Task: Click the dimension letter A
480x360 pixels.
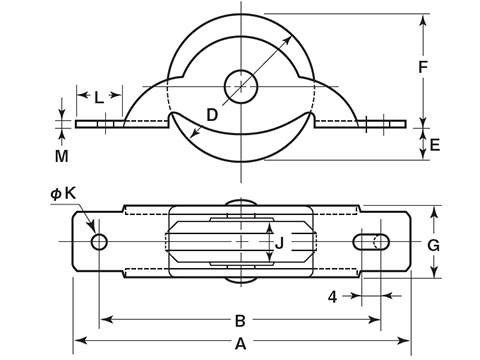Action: coord(240,343)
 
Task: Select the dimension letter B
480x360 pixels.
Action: coord(240,321)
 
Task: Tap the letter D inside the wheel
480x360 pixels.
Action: coord(212,115)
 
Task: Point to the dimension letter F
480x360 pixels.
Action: coord(423,67)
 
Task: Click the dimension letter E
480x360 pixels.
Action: coord(435,145)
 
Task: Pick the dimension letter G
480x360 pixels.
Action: coord(434,246)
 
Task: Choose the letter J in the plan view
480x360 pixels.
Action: coord(279,243)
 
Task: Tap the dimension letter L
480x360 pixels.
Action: coord(99,98)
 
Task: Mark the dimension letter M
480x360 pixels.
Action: coord(62,156)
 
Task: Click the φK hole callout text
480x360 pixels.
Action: coord(63,193)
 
